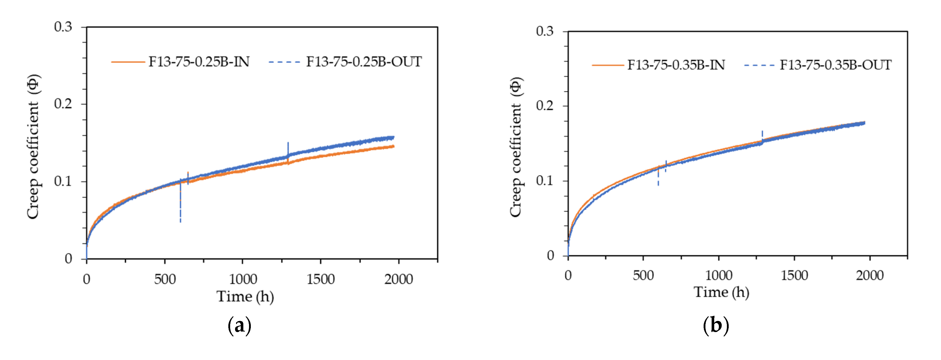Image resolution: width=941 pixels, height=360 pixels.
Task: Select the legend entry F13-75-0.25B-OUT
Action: click(364, 62)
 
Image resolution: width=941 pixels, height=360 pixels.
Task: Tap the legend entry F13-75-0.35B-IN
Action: click(676, 65)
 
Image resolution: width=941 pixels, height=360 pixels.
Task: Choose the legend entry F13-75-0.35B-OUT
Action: click(835, 65)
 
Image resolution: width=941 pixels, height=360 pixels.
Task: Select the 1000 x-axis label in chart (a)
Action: click(243, 279)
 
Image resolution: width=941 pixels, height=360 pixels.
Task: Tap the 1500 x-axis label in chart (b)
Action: click(794, 275)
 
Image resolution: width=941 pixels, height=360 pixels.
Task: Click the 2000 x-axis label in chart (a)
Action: click(398, 279)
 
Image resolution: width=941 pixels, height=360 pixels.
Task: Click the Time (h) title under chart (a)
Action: click(245, 296)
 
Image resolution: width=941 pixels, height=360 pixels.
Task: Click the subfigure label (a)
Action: click(239, 325)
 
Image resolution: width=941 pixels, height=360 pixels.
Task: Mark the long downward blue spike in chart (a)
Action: click(180, 208)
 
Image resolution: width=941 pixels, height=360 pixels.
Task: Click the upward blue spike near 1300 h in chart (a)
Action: click(288, 148)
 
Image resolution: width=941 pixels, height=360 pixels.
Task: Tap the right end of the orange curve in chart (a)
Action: click(393, 146)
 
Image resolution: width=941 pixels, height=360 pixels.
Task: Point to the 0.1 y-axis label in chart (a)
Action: click(63, 181)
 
